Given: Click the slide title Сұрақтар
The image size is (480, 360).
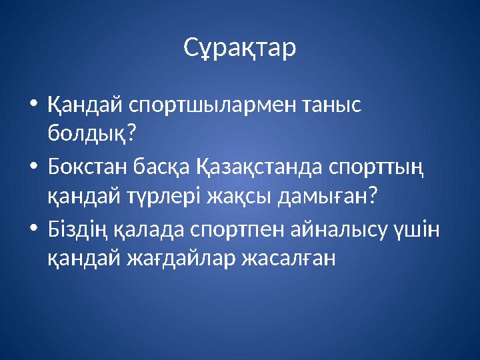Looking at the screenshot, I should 239,48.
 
